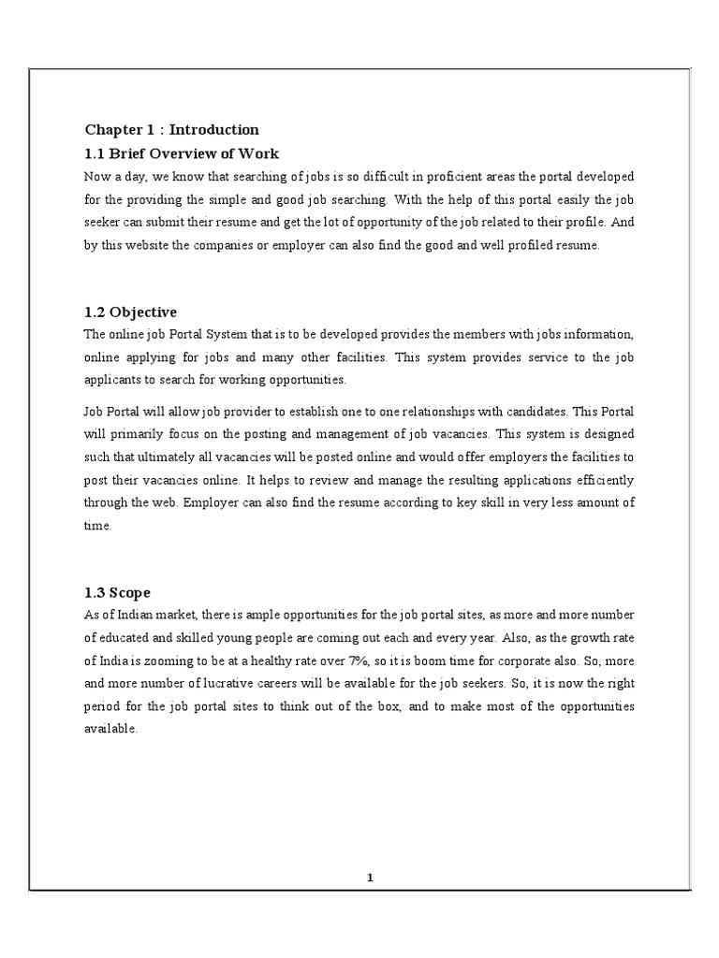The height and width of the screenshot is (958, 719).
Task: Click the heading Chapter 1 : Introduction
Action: click(172, 130)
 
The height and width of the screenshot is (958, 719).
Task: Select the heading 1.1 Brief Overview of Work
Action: click(182, 153)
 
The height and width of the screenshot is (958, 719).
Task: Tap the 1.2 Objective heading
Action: click(130, 312)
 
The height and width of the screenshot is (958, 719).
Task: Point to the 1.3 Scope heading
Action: click(117, 593)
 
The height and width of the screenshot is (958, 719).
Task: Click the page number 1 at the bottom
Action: click(370, 878)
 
